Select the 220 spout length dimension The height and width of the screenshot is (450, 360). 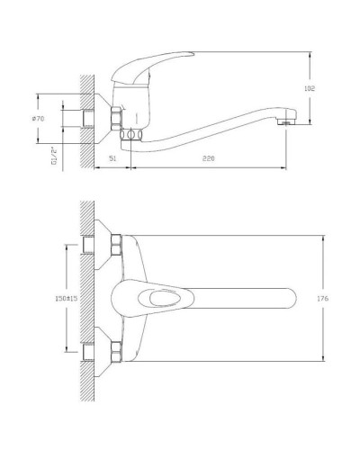[210, 160]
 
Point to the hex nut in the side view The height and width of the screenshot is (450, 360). [114, 120]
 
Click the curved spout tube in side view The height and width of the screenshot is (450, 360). [207, 133]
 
